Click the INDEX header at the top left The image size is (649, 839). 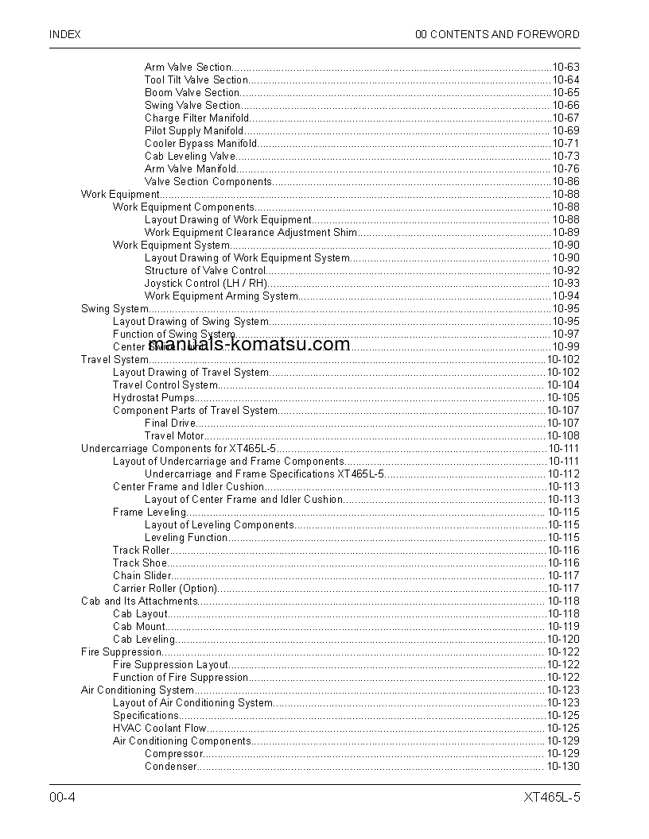coord(64,35)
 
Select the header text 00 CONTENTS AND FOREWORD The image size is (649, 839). coord(497,35)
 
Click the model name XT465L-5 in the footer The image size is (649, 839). coord(551,797)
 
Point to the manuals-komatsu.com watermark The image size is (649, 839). coord(249,344)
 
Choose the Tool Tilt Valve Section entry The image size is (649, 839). coord(196,80)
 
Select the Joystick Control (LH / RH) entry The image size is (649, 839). coord(206,284)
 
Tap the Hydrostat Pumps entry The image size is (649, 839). coord(153,398)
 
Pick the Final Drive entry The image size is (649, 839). coord(170,423)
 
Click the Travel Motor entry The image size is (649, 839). coord(174,436)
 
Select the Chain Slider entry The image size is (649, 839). coord(142,576)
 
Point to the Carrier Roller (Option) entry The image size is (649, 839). coord(165,589)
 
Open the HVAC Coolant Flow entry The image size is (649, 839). coord(159,729)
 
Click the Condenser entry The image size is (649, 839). coord(170,767)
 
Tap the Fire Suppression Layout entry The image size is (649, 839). coord(170,665)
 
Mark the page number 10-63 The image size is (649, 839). coord(565,68)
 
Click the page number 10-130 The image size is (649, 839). coord(562,767)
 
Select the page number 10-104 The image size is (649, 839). coord(562,385)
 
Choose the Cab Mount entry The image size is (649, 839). coord(139,627)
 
